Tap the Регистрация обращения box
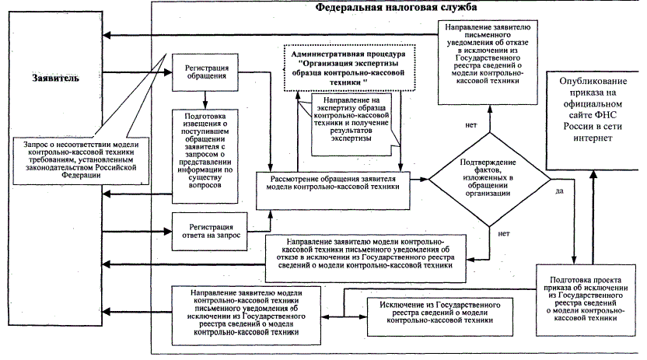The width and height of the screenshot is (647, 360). coord(205,72)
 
